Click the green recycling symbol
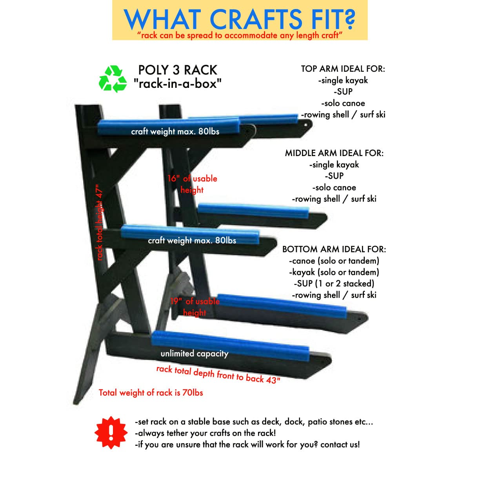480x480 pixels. pos(113,79)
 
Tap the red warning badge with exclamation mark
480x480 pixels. pos(111,433)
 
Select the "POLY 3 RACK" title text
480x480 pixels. pos(178,70)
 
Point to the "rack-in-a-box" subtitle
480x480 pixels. pos(177,84)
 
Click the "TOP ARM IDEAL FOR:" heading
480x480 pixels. pos(343,69)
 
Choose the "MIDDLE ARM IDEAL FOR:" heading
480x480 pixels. pos(334,153)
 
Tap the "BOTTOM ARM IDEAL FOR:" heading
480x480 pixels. pos(334,249)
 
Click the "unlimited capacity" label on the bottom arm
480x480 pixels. pos(195,354)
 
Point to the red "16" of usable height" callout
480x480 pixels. pos(192,184)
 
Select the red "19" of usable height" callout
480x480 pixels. pos(195,307)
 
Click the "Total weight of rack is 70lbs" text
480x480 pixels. pos(151,393)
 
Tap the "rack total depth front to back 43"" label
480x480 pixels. pos(218,375)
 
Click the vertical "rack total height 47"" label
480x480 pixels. pos(99,222)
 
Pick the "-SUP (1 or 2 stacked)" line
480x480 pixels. pos(334,284)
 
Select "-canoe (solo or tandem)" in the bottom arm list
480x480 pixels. pos(334,261)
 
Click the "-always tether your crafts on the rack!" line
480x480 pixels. pos(205,433)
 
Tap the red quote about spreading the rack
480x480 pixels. pos(240,35)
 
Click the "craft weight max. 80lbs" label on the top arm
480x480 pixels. pos(175,131)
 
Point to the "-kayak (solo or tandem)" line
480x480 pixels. pos(334,272)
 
